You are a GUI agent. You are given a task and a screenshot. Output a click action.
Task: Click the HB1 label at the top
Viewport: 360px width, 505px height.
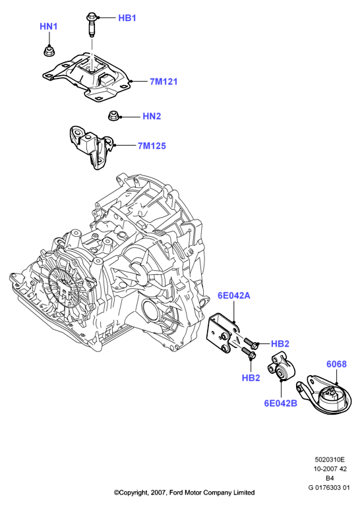(x=127, y=18)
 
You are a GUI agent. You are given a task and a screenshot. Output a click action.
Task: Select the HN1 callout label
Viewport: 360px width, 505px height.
(x=49, y=26)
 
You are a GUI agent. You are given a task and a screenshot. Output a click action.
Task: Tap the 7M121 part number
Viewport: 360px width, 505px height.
(x=164, y=82)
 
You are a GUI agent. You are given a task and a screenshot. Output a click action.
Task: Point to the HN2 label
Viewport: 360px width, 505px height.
(x=152, y=116)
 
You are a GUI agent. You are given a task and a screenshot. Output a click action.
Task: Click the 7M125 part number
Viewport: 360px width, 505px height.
(x=152, y=146)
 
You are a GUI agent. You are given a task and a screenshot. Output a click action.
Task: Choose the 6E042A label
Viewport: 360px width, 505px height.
(x=234, y=295)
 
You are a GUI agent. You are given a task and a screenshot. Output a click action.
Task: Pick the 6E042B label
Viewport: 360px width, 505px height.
(x=280, y=403)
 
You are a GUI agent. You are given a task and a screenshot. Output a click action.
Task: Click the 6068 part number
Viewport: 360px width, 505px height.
(x=336, y=364)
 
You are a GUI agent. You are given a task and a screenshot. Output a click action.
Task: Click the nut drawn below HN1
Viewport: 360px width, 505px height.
(x=49, y=51)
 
